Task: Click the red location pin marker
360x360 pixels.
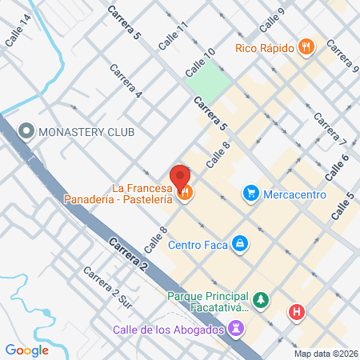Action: (180, 176)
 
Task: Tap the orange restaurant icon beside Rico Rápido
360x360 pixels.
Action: (305, 47)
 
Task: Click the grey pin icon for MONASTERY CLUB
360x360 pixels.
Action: (26, 130)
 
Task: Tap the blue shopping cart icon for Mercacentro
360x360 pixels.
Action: (251, 192)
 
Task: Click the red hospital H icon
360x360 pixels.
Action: (298, 312)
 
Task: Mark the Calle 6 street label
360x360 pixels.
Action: (338, 166)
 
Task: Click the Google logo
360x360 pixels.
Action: (26, 350)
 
